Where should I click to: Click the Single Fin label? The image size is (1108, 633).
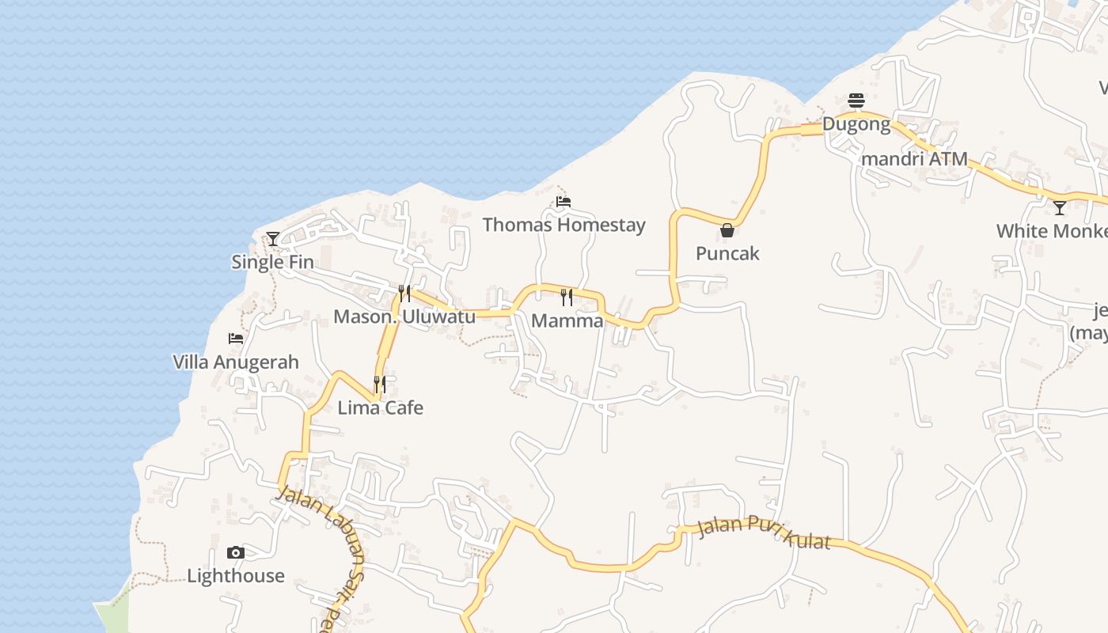tap(272, 262)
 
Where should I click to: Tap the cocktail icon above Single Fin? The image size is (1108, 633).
tap(273, 238)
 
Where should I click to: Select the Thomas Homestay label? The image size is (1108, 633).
tap(563, 225)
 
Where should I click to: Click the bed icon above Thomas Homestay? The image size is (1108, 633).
tap(563, 202)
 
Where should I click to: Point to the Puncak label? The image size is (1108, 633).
tap(727, 253)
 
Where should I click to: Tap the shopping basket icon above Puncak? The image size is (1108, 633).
tap(727, 230)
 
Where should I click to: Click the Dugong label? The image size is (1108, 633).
tap(856, 124)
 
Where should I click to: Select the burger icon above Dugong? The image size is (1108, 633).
tap(856, 100)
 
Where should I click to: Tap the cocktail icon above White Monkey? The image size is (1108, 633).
tap(1060, 208)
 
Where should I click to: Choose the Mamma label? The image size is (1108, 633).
tap(567, 320)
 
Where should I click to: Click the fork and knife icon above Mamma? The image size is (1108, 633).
tap(567, 298)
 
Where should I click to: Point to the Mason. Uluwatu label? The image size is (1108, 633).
tap(404, 316)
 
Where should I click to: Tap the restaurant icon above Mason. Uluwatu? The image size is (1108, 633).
tap(404, 294)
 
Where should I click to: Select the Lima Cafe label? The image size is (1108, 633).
tap(380, 407)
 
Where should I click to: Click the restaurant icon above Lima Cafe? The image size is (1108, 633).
tap(380, 385)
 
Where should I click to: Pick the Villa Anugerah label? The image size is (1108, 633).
tap(236, 362)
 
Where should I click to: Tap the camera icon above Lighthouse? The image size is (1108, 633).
tap(236, 552)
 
